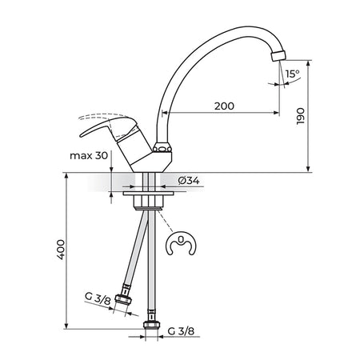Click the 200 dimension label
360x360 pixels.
point(224,106)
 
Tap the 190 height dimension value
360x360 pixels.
point(301,116)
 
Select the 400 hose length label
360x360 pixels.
point(61,250)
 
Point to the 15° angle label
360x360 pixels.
point(292,74)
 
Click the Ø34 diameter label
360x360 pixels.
point(189,181)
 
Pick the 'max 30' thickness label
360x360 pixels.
point(89,155)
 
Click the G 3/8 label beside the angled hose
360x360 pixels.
point(98,298)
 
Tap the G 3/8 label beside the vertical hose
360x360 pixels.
point(181,331)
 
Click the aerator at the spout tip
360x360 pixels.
point(278,55)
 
